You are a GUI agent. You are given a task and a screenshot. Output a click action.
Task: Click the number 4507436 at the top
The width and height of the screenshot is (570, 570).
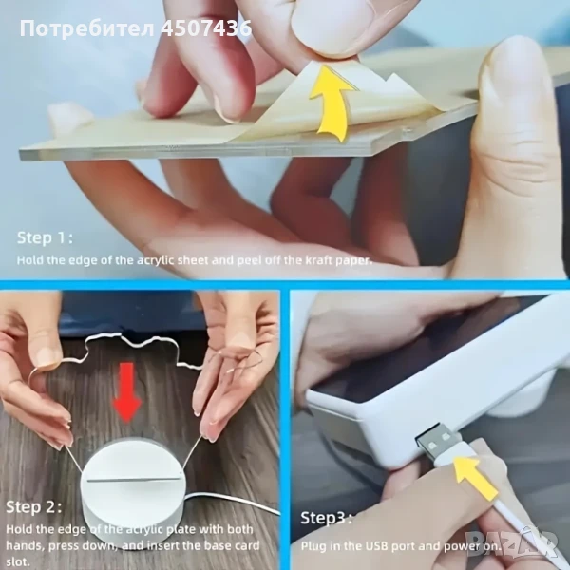[206, 28]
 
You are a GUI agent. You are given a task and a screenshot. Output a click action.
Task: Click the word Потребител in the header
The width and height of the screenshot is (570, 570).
[87, 29]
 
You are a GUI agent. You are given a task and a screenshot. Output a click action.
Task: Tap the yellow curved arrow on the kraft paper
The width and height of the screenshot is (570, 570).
[330, 104]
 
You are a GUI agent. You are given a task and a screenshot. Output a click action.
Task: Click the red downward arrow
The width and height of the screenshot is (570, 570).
[126, 392]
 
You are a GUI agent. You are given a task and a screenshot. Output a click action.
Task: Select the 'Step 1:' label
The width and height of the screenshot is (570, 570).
[45, 238]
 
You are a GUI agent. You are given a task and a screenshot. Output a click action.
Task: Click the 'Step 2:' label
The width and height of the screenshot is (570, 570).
[34, 506]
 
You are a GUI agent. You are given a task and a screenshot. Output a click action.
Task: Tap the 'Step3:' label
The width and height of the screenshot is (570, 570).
[326, 518]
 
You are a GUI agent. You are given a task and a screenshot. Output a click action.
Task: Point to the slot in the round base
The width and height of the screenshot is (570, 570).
[135, 480]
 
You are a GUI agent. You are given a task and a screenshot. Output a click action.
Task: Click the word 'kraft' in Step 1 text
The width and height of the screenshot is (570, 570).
[318, 260]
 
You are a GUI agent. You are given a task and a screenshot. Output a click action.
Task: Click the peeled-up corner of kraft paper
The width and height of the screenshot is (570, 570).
[320, 73]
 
